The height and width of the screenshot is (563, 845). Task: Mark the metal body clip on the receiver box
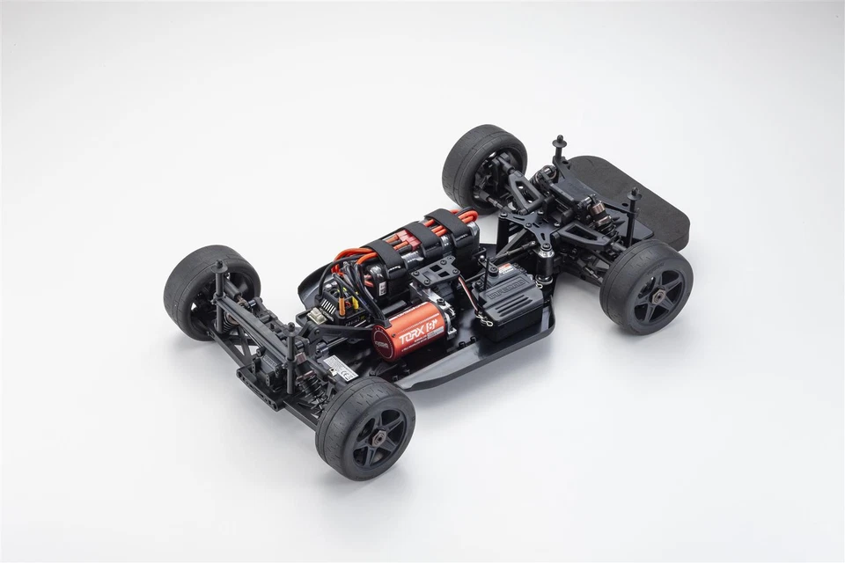tap(483, 323)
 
